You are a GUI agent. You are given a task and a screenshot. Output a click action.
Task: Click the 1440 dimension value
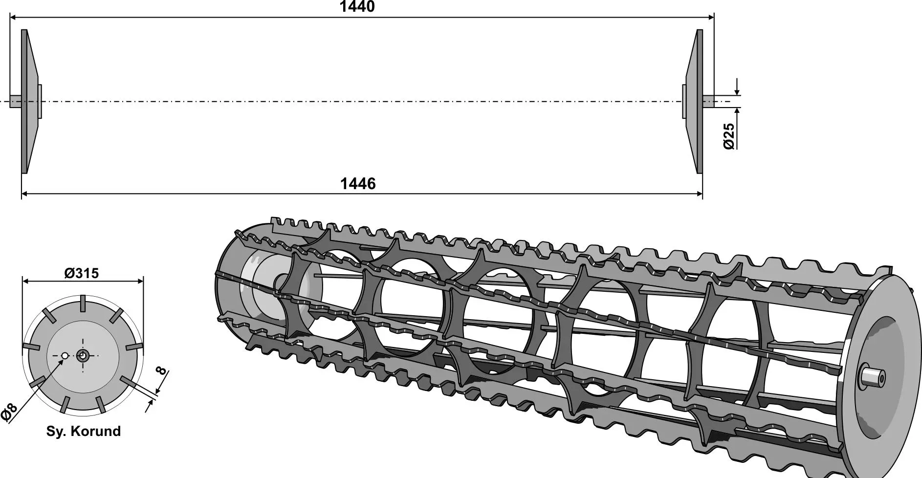(x=357, y=7)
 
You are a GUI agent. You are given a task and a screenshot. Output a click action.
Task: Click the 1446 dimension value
(x=358, y=184)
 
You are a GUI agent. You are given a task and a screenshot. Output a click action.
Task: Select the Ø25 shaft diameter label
(x=728, y=136)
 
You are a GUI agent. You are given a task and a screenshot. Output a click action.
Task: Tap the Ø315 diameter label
(x=82, y=273)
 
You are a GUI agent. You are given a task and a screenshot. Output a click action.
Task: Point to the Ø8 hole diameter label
(x=9, y=413)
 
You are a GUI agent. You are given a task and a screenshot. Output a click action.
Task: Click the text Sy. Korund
(x=84, y=431)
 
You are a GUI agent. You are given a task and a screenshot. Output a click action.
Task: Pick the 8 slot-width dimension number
(x=162, y=370)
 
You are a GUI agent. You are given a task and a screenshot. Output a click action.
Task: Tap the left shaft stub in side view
(x=16, y=102)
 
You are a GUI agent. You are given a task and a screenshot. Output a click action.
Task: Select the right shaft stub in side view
(x=708, y=102)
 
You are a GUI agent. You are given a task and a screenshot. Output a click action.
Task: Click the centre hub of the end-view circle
(x=83, y=355)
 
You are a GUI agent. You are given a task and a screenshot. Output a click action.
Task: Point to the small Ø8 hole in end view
(x=65, y=356)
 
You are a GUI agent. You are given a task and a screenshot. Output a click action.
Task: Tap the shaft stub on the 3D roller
(x=872, y=377)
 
